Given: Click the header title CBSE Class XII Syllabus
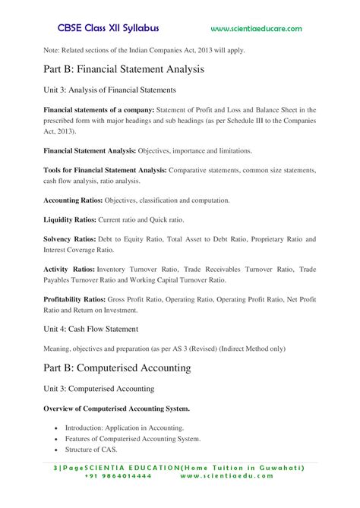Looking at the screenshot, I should pyautogui.click(x=108, y=28).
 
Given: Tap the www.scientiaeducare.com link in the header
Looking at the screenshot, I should pyautogui.click(x=256, y=29).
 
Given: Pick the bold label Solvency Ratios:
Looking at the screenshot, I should pyautogui.click(x=69, y=239).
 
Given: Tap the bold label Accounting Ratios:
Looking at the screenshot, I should pyautogui.click(x=74, y=200).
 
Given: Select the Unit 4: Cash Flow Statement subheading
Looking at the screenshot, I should pyautogui.click(x=90, y=329).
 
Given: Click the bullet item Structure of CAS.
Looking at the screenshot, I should pyautogui.click(x=96, y=450).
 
